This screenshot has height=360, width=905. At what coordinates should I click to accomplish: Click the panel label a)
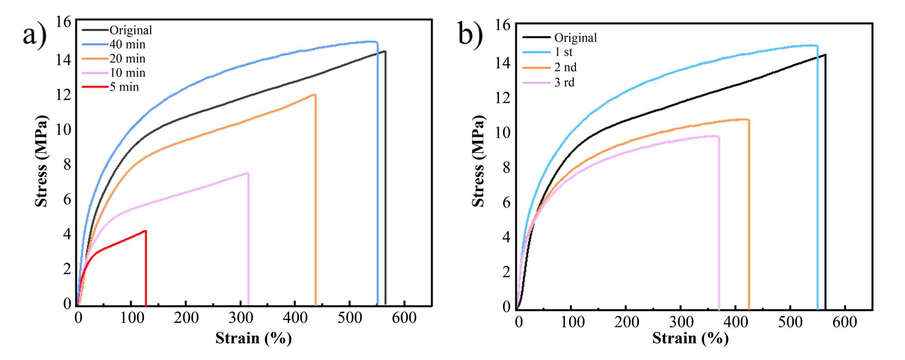34,35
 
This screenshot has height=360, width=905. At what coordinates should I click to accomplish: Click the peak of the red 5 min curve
145,231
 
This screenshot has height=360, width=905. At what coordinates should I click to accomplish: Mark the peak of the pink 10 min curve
248,173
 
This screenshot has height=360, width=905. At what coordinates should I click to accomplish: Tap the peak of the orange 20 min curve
314,95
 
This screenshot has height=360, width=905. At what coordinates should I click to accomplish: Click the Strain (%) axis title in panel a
254,338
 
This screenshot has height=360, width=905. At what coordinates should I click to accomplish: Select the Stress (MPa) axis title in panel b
479,161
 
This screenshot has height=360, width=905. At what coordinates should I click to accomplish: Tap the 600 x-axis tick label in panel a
404,318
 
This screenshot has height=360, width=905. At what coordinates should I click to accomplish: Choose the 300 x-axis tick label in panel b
681,322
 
